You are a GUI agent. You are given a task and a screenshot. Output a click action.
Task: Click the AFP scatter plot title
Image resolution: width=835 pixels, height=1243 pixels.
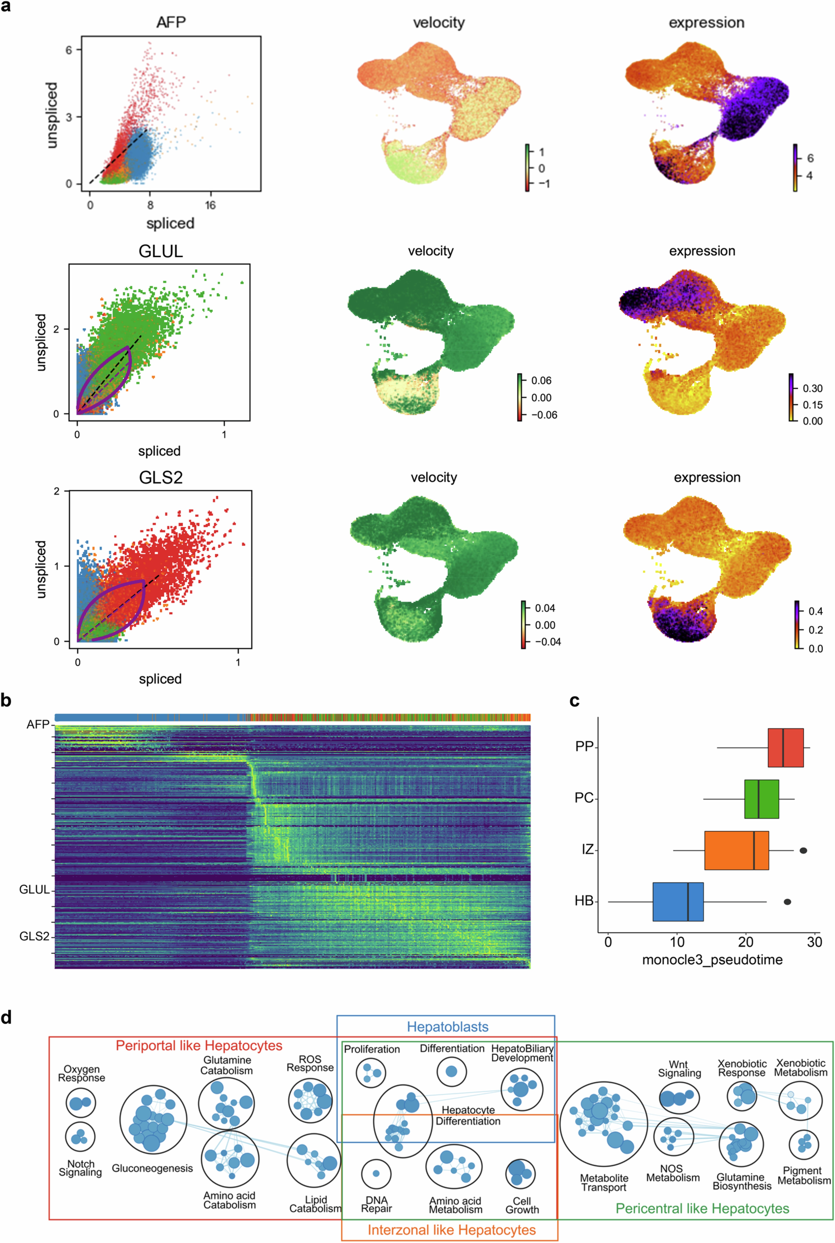click(x=171, y=22)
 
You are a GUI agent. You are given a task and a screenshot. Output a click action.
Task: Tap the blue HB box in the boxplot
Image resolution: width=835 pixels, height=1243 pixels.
click(x=678, y=901)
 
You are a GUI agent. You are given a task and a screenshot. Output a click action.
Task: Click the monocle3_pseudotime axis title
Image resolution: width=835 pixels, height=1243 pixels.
click(x=712, y=959)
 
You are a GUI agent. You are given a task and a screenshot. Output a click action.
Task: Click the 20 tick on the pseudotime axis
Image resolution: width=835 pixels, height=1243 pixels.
click(x=746, y=942)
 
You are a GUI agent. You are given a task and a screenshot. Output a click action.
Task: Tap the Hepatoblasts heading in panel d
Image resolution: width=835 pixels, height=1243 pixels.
click(x=447, y=1027)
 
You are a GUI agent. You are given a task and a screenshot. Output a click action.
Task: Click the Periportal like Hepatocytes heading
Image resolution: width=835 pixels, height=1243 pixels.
click(x=199, y=1045)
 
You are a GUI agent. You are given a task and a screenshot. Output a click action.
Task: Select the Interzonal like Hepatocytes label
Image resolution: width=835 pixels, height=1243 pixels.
click(x=452, y=1230)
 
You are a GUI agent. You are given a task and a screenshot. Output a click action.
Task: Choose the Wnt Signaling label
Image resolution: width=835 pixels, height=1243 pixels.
click(x=679, y=1069)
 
